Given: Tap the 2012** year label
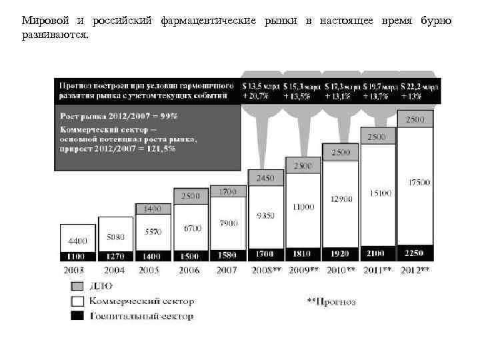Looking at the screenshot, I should pos(414,271).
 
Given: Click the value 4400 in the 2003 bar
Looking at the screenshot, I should pos(78,241).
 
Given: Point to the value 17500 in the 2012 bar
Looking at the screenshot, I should pos(419,182).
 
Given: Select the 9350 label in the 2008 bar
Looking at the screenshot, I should pos(265,215).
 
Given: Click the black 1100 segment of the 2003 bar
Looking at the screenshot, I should pos(78,255).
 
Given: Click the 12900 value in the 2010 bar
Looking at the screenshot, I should pos(341,199).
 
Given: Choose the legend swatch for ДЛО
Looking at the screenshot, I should pos(78,287).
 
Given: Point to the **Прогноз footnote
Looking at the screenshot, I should pos(331,302).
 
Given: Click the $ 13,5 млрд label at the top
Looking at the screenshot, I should pos(261,87).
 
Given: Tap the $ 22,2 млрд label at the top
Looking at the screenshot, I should pos(419,87).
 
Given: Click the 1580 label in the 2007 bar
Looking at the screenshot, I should pos(228,255).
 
